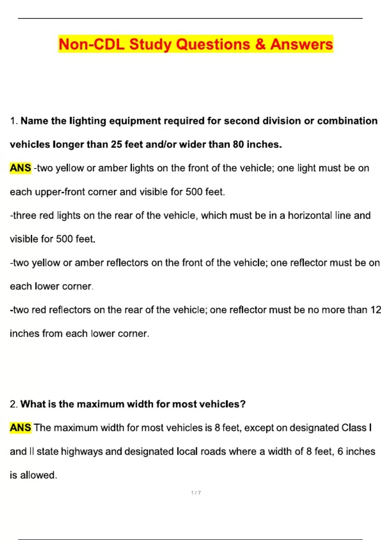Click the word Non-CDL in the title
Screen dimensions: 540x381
(x=91, y=44)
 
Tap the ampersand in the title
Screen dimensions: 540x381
(x=260, y=44)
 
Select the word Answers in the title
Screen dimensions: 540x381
(x=301, y=44)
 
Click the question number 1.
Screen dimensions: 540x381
(x=13, y=121)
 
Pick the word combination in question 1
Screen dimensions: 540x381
(x=347, y=121)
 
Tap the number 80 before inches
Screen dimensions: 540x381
(x=238, y=145)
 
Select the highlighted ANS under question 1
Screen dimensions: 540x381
(x=20, y=168)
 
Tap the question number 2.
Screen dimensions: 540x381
(x=13, y=404)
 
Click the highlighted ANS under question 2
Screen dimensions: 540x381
(x=20, y=428)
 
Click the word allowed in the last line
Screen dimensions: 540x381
(x=38, y=475)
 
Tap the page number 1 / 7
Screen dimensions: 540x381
(x=196, y=493)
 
